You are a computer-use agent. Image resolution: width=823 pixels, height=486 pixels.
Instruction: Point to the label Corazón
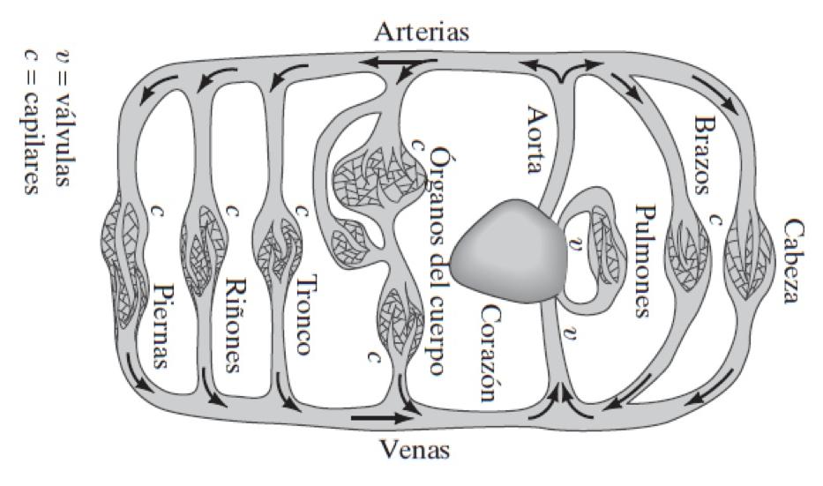(x=491, y=353)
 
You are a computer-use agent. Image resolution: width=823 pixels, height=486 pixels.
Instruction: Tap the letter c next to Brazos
(x=715, y=216)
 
